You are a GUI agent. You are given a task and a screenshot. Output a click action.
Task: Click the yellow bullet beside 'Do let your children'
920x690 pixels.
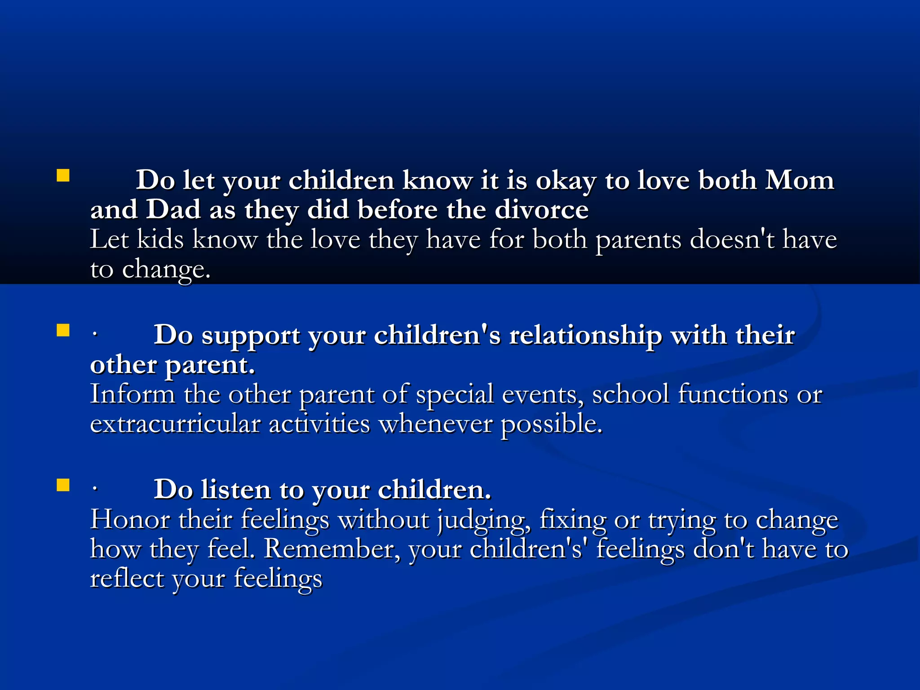(63, 175)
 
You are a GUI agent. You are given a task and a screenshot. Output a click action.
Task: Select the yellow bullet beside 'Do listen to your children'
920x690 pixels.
(63, 485)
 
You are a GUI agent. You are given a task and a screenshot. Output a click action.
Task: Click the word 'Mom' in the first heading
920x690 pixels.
(799, 180)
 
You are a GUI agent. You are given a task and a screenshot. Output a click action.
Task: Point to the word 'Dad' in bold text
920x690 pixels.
(173, 210)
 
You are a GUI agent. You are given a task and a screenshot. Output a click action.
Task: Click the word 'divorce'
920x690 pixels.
(541, 210)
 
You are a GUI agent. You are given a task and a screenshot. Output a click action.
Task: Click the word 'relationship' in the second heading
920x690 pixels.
(585, 336)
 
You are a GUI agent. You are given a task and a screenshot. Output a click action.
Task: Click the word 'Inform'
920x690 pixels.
(133, 394)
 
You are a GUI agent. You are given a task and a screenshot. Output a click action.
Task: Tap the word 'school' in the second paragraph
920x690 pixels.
(630, 394)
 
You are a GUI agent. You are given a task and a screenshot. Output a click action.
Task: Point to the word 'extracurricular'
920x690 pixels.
(175, 424)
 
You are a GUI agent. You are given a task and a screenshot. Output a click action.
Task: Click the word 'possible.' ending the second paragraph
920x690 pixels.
(551, 425)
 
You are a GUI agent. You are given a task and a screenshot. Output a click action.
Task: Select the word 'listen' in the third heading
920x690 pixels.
(236, 490)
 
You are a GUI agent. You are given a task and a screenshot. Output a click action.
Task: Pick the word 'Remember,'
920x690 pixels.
(332, 549)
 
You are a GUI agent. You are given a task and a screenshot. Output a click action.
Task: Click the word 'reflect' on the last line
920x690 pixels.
(127, 578)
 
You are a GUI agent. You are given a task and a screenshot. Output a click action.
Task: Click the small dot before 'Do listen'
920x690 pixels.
(94, 491)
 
